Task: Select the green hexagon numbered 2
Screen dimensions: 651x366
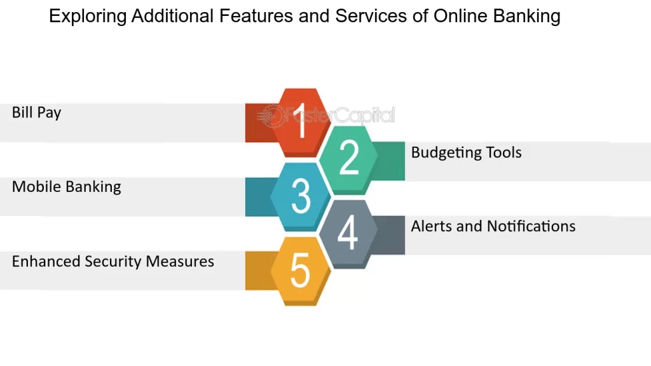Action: [348, 159]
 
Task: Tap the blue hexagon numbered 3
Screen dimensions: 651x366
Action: [301, 197]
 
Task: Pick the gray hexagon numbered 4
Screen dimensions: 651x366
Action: [348, 234]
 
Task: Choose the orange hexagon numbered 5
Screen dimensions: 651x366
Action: [301, 271]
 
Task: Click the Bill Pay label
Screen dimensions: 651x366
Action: [36, 112]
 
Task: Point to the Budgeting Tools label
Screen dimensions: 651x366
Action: [466, 152]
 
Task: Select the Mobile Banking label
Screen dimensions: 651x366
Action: [66, 187]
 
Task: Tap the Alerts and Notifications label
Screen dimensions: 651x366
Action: [493, 226]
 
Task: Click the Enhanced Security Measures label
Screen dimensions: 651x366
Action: [113, 261]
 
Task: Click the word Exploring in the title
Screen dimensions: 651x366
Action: [88, 16]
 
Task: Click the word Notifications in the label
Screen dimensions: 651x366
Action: [531, 226]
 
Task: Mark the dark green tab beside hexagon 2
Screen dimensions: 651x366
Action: [388, 161]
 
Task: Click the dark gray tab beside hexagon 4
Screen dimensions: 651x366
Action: [388, 235]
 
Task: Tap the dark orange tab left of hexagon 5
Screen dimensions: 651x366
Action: [261, 271]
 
